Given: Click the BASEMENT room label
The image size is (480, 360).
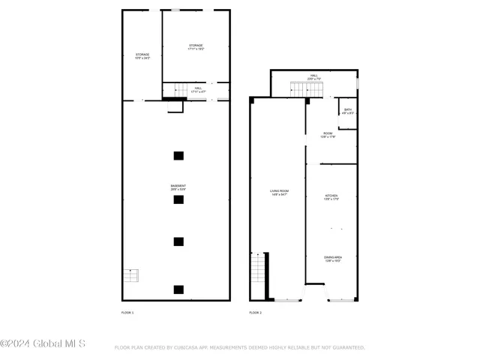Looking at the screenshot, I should click(x=178, y=187).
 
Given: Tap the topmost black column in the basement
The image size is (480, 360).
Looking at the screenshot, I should click(x=178, y=156).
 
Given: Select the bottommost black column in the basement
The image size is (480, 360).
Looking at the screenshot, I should click(x=178, y=289).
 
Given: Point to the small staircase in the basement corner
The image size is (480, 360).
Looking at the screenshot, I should click(x=131, y=275).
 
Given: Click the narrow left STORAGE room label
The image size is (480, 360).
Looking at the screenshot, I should click(x=142, y=56).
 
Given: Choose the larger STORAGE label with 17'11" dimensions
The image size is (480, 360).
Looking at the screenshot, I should click(x=196, y=46).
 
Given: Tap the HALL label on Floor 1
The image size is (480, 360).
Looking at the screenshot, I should click(x=198, y=90).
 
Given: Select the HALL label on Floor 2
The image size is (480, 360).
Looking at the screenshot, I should click(x=314, y=76).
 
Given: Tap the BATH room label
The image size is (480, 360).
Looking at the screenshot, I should click(x=348, y=112).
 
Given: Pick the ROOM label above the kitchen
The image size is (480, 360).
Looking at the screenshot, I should click(x=328, y=135).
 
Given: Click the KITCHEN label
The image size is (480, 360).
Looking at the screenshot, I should click(x=331, y=197).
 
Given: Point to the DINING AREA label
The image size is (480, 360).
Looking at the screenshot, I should click(x=332, y=259).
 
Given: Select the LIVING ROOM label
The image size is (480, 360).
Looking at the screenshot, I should click(x=280, y=193).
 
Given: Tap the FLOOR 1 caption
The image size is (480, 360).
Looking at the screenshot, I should click(x=127, y=311).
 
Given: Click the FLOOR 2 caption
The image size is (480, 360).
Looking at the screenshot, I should click(x=256, y=311).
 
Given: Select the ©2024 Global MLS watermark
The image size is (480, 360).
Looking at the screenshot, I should click(x=43, y=344).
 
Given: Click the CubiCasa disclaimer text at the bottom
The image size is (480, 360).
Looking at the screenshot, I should click(x=239, y=347).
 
